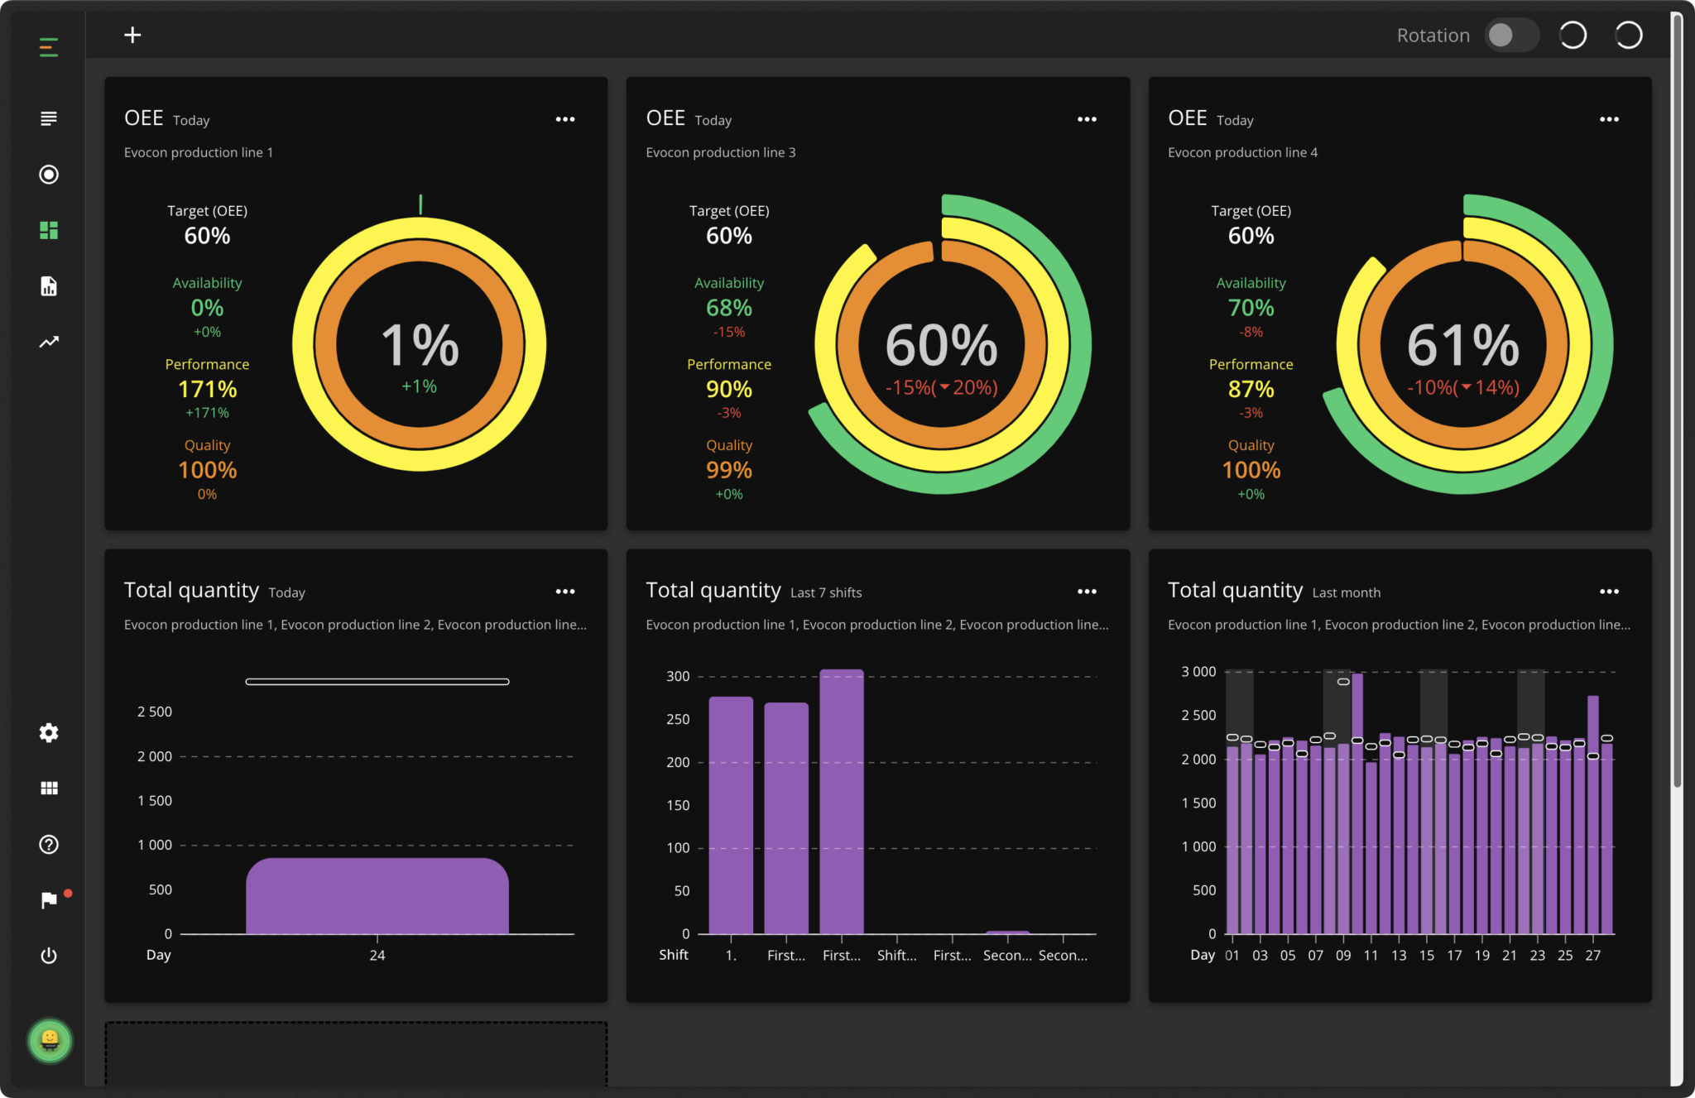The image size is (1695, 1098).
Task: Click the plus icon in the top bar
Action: click(132, 35)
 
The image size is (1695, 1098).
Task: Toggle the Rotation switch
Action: click(1510, 36)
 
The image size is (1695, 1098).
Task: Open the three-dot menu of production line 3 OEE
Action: click(1087, 119)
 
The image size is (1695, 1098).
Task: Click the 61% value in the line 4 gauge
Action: click(1462, 345)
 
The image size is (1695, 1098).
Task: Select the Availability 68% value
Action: click(728, 308)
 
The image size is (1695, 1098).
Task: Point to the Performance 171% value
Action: click(207, 389)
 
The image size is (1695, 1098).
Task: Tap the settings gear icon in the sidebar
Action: click(49, 732)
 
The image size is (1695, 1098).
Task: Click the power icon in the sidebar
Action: click(49, 956)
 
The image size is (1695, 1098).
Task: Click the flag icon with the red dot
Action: click(50, 899)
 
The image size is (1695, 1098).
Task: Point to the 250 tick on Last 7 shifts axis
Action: click(678, 720)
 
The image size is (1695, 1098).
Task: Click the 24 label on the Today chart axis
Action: click(377, 955)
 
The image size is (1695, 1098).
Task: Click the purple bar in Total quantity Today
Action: click(377, 897)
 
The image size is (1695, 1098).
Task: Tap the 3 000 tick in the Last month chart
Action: click(1198, 672)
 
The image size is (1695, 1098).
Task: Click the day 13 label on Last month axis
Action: click(1399, 955)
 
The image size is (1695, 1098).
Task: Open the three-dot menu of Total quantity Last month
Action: click(1609, 592)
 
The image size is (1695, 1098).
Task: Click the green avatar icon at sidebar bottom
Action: click(50, 1040)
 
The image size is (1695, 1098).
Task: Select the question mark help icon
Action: click(49, 844)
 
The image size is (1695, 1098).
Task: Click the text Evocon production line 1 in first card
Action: click(199, 152)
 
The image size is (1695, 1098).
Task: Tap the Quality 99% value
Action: click(728, 470)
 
